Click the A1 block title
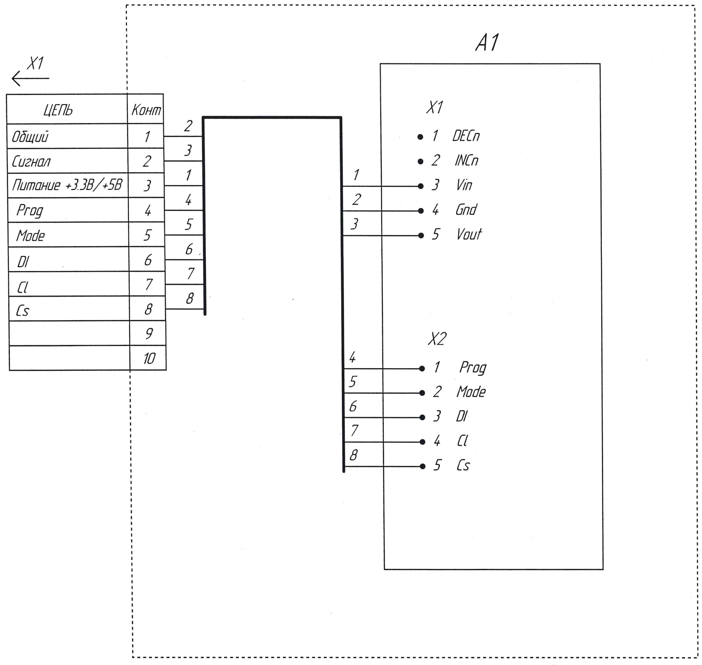[x=487, y=43]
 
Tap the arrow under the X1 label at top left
[x=30, y=78]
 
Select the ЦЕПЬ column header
[x=58, y=110]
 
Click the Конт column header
[x=146, y=110]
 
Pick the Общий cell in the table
[x=30, y=137]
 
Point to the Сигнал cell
[x=31, y=162]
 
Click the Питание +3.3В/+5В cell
[x=67, y=185]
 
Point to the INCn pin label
[x=466, y=161]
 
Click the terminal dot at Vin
[x=421, y=186]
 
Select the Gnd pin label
[x=466, y=210]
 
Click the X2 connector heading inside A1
[x=437, y=339]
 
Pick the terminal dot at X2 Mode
[x=422, y=393]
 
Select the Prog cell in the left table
[x=30, y=211]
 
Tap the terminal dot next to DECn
[x=420, y=137]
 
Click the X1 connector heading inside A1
[x=435, y=107]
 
